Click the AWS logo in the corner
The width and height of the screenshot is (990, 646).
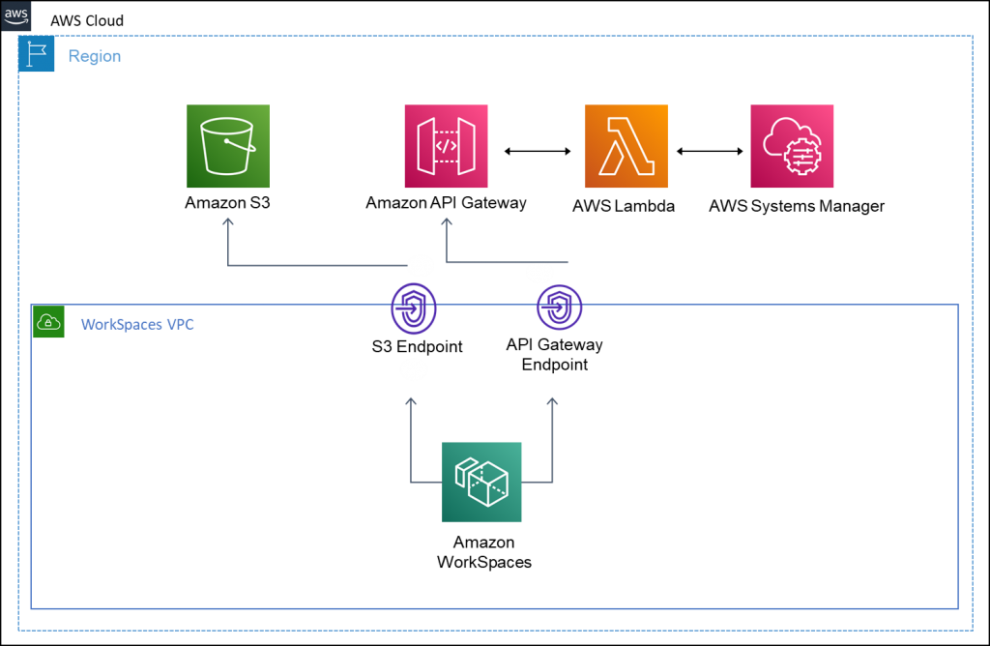16,16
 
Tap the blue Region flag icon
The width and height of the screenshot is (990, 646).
37,55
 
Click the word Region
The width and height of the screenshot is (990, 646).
95,56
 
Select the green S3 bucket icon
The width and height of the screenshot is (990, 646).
228,146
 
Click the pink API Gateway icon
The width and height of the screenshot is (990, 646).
446,146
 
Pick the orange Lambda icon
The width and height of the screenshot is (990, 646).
626,146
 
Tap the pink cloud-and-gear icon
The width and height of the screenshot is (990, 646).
792,146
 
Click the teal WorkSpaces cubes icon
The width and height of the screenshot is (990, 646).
481,482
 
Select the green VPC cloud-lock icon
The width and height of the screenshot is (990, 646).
47,322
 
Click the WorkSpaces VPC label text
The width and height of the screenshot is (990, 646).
137,324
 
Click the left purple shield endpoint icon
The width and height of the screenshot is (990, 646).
414,308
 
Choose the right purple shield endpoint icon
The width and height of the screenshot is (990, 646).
560,308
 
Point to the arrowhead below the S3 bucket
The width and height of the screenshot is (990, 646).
228,222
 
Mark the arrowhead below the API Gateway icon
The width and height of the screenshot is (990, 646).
447,222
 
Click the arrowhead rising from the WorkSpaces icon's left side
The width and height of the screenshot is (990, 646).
411,400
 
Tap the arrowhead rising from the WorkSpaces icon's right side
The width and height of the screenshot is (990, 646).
552,400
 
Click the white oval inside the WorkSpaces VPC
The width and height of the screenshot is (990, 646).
413,369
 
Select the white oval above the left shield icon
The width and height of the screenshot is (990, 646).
421,266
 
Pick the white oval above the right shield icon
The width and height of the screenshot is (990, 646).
539,273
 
